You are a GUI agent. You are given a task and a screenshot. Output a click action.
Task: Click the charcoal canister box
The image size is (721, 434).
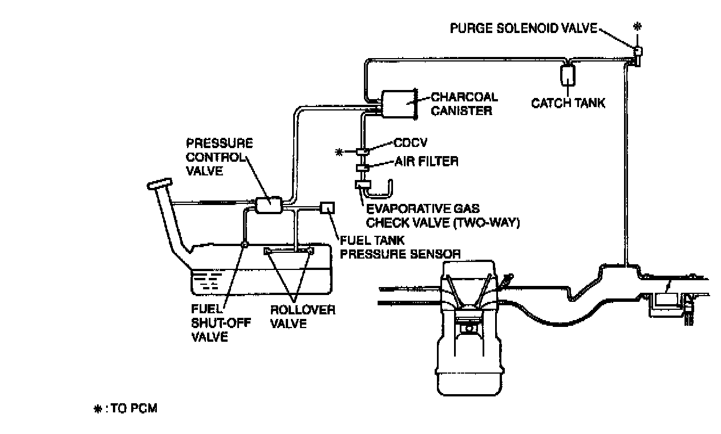[x=398, y=104]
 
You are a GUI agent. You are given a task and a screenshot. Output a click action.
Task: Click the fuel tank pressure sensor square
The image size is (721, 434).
[x=329, y=208]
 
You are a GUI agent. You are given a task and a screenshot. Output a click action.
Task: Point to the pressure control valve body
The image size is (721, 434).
[x=268, y=204]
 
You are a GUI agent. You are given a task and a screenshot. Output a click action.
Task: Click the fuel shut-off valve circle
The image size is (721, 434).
[x=244, y=244]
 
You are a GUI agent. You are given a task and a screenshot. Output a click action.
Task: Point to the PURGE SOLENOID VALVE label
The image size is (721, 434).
[x=522, y=28]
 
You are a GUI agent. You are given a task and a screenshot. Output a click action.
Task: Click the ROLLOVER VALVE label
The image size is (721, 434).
[x=303, y=317]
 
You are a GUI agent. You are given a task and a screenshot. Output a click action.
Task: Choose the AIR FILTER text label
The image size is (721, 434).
[x=426, y=162]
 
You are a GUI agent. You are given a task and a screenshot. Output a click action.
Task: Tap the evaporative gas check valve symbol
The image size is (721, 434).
[x=363, y=186]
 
